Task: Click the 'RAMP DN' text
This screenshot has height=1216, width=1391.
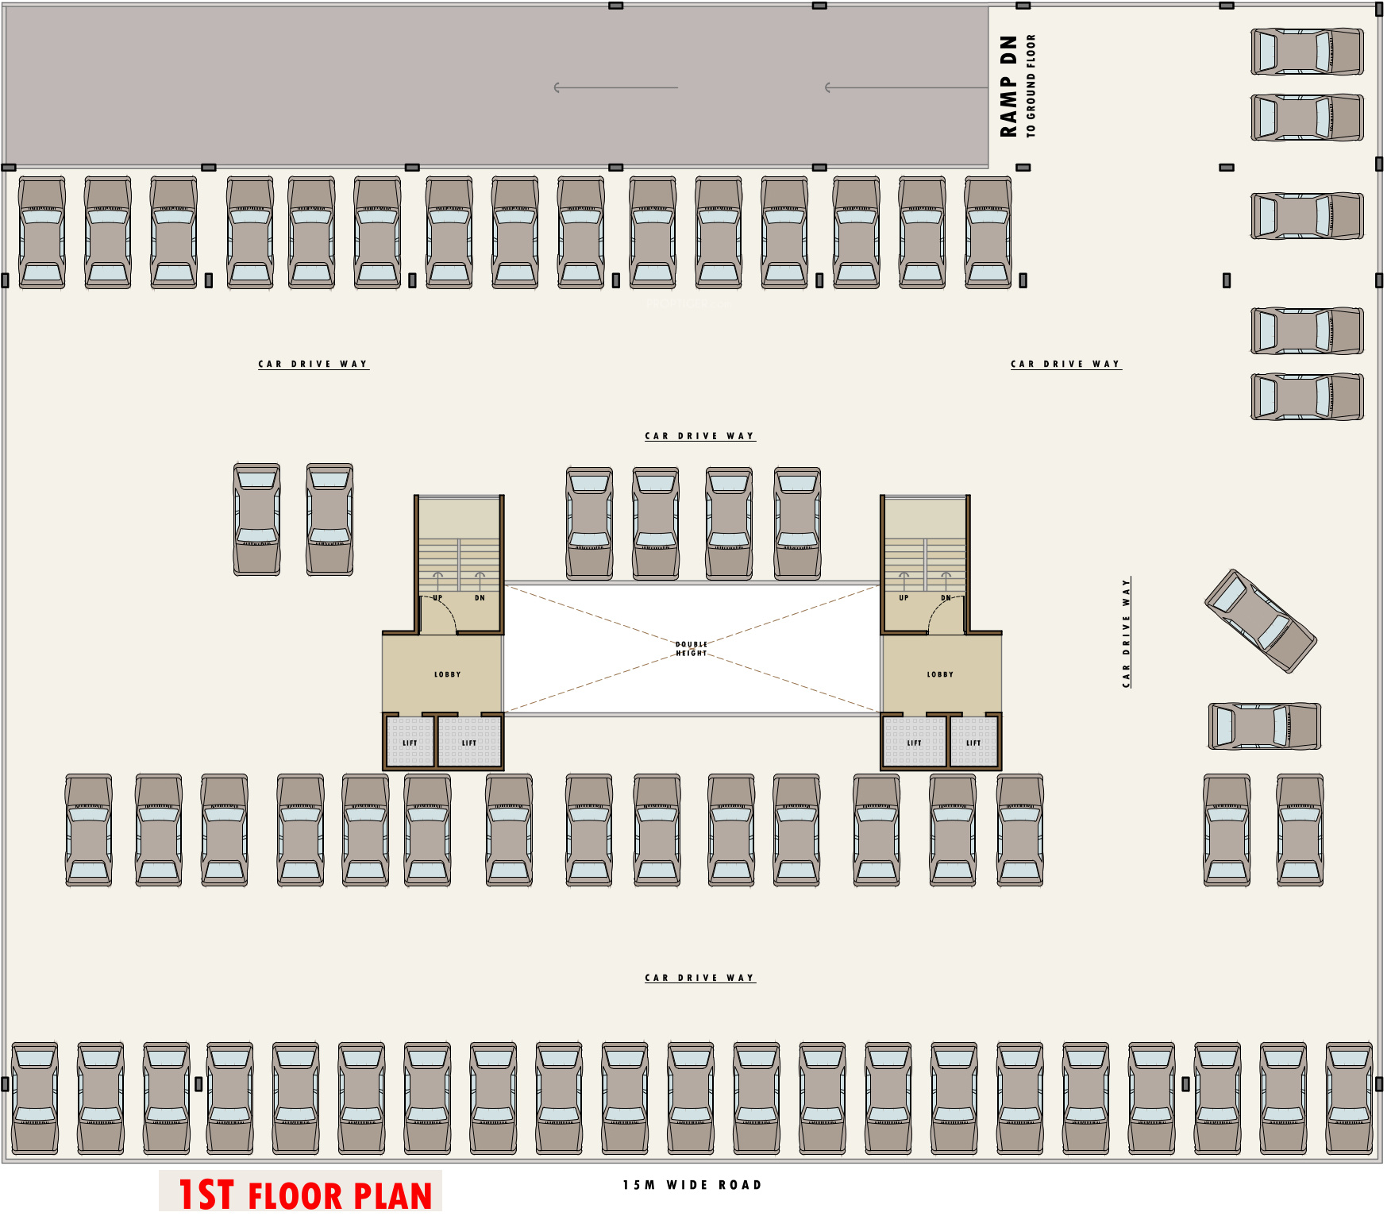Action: click(x=1008, y=86)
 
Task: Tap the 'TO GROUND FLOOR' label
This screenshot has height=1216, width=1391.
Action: click(x=1031, y=86)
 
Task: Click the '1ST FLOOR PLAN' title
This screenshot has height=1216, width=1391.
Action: click(x=305, y=1195)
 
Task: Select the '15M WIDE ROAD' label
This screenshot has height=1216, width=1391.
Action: click(x=692, y=1185)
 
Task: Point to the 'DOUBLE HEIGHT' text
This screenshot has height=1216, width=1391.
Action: click(x=691, y=649)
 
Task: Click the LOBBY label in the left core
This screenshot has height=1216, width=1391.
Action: click(x=447, y=674)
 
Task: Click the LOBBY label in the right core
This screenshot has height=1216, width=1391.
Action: click(x=940, y=674)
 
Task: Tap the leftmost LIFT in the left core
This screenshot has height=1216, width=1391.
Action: click(x=410, y=743)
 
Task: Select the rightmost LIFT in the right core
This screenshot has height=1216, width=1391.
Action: click(x=973, y=743)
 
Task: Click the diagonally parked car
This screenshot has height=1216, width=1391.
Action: click(x=1260, y=621)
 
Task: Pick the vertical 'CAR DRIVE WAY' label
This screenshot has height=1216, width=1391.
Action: click(x=1126, y=633)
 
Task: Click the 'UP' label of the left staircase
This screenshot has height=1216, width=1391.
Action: click(x=437, y=598)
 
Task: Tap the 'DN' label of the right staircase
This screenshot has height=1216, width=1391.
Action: click(x=946, y=598)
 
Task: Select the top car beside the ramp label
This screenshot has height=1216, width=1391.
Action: click(x=1307, y=52)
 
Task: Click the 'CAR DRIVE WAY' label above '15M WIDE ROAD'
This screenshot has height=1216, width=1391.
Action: click(x=699, y=978)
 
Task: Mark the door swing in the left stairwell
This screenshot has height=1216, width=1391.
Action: click(x=439, y=616)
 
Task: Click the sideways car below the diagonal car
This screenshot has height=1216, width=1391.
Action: click(x=1264, y=726)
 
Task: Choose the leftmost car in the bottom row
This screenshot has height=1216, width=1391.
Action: click(x=35, y=1098)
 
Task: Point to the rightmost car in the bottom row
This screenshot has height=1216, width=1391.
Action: click(x=1349, y=1098)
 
